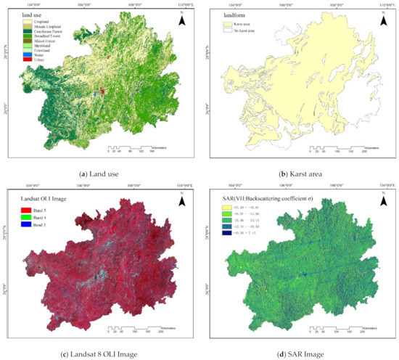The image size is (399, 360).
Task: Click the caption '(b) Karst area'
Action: (298, 173)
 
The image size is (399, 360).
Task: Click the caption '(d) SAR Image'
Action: (298, 353)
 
